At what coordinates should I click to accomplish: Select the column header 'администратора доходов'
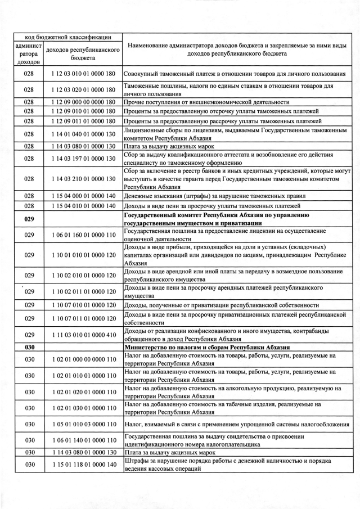tap(30, 53)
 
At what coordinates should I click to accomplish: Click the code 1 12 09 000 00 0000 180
tap(83, 102)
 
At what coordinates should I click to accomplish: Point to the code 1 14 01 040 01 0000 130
tap(83, 133)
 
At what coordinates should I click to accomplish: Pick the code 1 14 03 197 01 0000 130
tap(83, 159)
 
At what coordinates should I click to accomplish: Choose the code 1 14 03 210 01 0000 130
tap(83, 179)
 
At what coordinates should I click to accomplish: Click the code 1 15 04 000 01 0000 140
tap(83, 195)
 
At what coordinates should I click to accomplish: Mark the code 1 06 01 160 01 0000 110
tap(83, 235)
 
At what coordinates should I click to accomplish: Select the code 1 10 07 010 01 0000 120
tap(83, 304)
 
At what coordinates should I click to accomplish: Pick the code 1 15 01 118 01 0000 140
tap(83, 464)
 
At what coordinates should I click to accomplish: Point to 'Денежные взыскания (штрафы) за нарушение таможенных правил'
tap(214, 195)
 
